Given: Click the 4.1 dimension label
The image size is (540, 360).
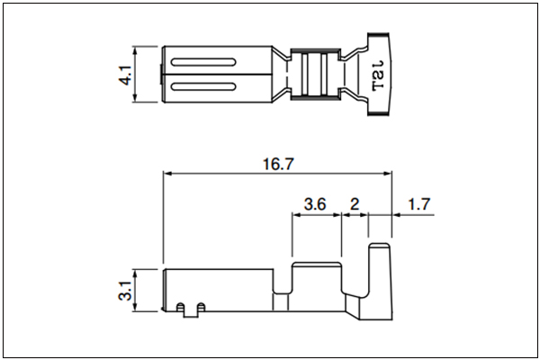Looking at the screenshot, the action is (x=125, y=75).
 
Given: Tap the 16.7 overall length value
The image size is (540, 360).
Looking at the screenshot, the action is (x=278, y=164).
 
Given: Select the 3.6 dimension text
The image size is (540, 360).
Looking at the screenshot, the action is (x=315, y=204).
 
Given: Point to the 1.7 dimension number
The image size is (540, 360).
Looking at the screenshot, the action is (x=418, y=204).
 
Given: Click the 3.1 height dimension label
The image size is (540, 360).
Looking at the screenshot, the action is (x=125, y=291).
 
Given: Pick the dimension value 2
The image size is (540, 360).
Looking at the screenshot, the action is (x=355, y=204).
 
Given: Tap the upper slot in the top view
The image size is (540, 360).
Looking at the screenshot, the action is (x=203, y=62).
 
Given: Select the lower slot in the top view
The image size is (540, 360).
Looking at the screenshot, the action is (x=203, y=86).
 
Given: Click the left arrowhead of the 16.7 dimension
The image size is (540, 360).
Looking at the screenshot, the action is (x=167, y=174).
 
